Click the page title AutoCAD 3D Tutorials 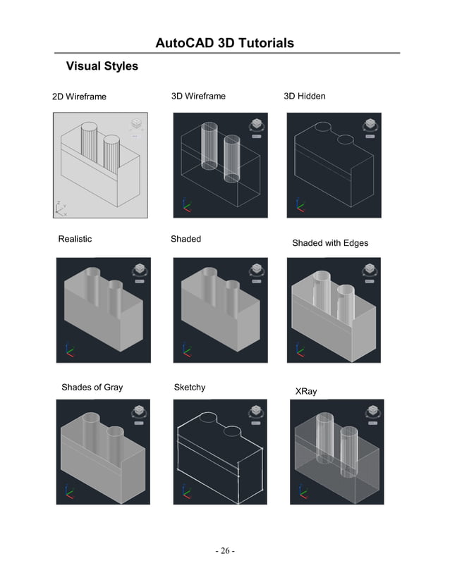[x=224, y=44]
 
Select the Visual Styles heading [x=102, y=67]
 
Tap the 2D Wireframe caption [x=79, y=97]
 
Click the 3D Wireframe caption [x=198, y=96]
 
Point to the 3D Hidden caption [x=304, y=96]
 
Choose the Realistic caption [x=75, y=239]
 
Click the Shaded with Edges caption [x=329, y=243]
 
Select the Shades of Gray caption [x=92, y=388]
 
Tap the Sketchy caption [x=189, y=388]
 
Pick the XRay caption [x=305, y=391]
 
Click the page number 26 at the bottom [x=224, y=550]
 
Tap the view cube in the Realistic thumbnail [x=138, y=269]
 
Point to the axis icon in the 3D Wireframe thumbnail [x=185, y=205]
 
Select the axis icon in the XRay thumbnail [x=302, y=491]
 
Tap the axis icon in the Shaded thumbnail [x=185, y=350]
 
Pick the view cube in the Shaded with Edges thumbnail [x=367, y=269]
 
